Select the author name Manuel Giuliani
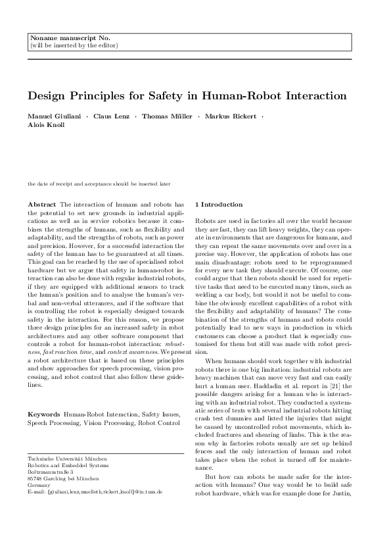[53, 116]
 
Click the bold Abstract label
[42, 205]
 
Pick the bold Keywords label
[43, 396]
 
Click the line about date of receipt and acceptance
[99, 184]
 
